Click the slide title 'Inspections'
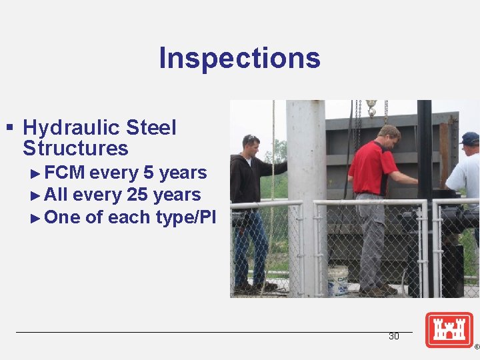(239, 58)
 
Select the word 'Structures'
(75, 148)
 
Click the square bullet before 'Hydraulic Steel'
(9, 126)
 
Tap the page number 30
(393, 337)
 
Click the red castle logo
(449, 329)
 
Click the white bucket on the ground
(338, 280)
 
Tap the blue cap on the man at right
(470, 138)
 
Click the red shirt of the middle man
(373, 168)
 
